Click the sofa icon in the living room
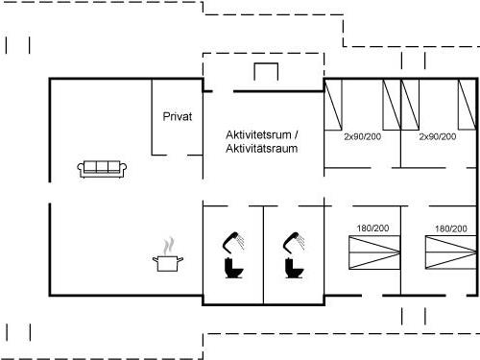pos(102,169)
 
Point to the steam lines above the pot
pos(169,243)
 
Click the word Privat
pos(178,116)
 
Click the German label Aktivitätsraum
pos(261,149)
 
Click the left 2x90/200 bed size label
pos(362,137)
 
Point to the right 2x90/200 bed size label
pos(437,137)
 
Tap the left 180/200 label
pos(372,228)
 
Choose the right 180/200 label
pos(450,228)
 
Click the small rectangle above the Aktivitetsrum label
pos(265,72)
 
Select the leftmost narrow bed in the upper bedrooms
pos(333,105)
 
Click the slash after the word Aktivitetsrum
pos(297,134)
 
